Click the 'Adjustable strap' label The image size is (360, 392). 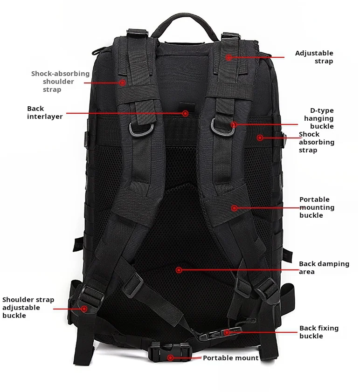[x=314, y=57]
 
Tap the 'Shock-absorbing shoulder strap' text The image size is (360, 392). [x=60, y=82]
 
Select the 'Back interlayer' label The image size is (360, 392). [x=44, y=112]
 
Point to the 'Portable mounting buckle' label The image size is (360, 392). [x=317, y=207]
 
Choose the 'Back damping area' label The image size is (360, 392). [x=324, y=268]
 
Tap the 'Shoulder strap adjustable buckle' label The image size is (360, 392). [x=28, y=308]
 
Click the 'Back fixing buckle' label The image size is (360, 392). [x=319, y=332]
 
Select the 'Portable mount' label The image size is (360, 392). [x=230, y=358]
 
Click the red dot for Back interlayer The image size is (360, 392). [x=185, y=113]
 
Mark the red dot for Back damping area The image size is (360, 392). [x=179, y=269]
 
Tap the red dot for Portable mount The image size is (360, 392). [x=171, y=358]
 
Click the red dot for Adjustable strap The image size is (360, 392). [x=228, y=57]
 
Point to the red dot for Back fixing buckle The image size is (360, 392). [x=227, y=332]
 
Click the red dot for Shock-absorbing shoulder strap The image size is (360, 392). [x=122, y=83]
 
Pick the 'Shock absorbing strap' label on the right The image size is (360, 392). [x=316, y=142]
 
